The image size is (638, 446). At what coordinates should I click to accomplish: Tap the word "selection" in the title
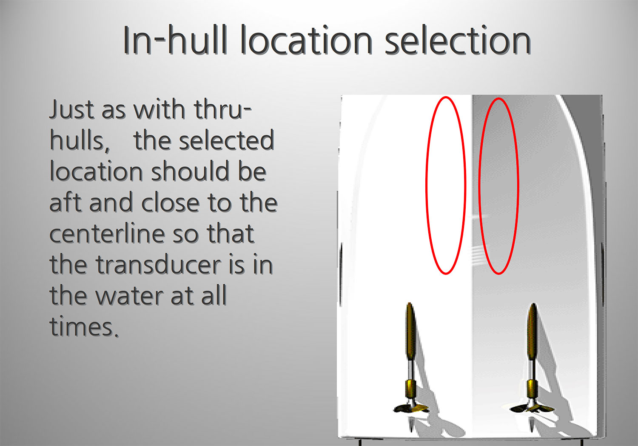coord(458,40)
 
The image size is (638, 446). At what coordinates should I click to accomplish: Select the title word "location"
coord(307,40)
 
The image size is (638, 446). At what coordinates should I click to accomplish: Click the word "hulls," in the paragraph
coord(80,141)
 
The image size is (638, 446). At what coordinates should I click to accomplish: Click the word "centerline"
coord(107,233)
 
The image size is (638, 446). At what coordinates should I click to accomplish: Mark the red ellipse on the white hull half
coord(426,185)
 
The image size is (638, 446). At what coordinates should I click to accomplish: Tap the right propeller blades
coord(532,409)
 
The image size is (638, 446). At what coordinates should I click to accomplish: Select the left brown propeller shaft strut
coord(410,332)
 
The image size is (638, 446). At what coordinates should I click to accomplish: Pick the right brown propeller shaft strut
coord(533,332)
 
